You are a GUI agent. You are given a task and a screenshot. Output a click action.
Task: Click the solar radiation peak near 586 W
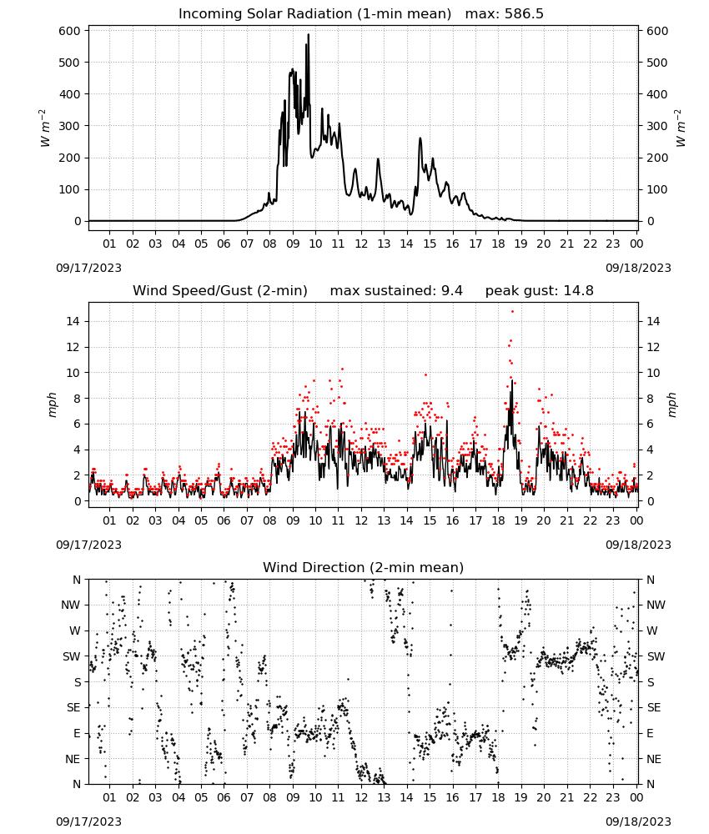click(x=308, y=35)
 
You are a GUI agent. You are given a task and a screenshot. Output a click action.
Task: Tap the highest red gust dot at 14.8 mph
click(x=512, y=311)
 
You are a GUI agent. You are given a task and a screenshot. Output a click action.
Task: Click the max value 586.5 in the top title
click(x=524, y=14)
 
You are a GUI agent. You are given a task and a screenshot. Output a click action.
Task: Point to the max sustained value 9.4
click(x=451, y=290)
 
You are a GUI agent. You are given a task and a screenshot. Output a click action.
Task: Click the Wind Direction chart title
click(x=364, y=567)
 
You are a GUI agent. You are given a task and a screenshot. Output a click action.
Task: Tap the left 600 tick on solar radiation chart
click(x=69, y=31)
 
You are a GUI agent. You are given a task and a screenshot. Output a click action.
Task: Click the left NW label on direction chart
click(x=71, y=605)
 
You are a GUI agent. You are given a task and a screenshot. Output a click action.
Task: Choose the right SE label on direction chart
click(x=654, y=707)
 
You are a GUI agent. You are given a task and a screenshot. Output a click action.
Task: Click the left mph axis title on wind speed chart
click(x=52, y=404)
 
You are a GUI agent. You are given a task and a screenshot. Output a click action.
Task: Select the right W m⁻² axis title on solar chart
click(x=681, y=128)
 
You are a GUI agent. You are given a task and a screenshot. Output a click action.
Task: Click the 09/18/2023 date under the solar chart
click(x=638, y=268)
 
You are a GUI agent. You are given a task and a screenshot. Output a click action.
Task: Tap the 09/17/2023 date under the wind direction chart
click(x=88, y=821)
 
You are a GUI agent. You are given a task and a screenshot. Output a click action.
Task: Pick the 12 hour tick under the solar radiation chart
click(x=361, y=244)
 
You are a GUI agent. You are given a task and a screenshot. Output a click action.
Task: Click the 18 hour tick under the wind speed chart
click(x=498, y=520)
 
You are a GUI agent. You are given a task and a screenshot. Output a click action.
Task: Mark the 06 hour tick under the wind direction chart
click(x=224, y=797)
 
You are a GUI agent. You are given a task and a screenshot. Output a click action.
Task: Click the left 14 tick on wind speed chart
click(x=73, y=321)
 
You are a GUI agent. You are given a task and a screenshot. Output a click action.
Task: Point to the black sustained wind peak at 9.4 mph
click(x=512, y=381)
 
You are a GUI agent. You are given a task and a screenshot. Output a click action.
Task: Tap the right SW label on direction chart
click(x=656, y=656)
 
